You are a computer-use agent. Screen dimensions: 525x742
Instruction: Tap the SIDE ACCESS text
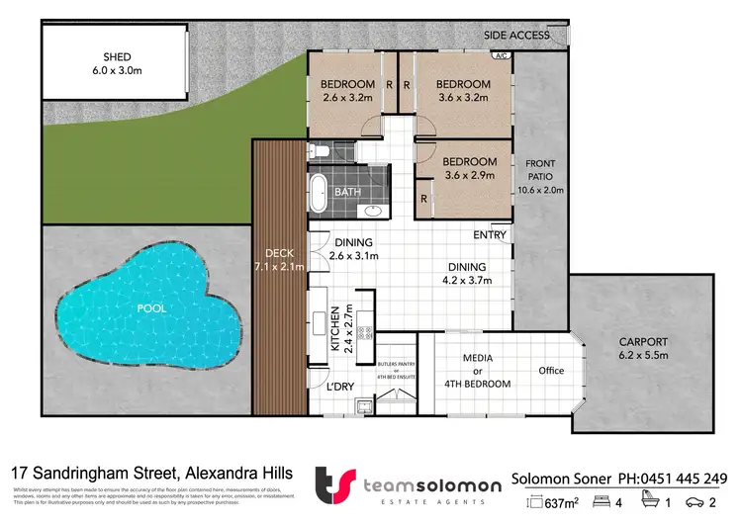click(x=516, y=36)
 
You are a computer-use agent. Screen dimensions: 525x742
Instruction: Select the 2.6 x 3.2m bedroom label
click(x=347, y=91)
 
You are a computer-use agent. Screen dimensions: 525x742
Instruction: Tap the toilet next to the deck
click(x=318, y=151)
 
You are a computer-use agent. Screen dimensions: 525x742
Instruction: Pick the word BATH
click(x=347, y=192)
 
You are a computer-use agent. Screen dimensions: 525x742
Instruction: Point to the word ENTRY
click(x=490, y=235)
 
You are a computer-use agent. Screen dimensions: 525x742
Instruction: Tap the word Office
click(x=551, y=371)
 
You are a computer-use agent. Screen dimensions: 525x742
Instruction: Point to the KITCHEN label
click(x=335, y=328)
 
